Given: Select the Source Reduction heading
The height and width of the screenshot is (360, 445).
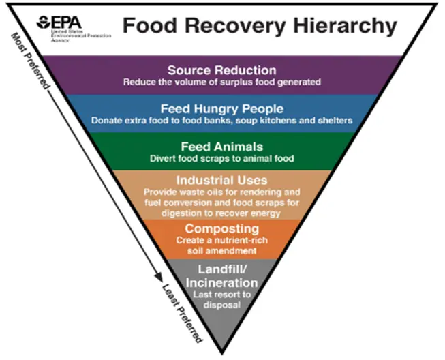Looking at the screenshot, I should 221,70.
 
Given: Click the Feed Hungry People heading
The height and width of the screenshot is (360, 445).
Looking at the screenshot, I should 222,108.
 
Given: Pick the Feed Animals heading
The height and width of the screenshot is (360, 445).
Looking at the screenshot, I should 221,147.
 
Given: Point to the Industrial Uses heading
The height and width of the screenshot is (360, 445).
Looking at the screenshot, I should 221,181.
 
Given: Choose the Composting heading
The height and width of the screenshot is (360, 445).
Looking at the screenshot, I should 221,228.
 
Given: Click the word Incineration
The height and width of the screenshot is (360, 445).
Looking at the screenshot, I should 221,282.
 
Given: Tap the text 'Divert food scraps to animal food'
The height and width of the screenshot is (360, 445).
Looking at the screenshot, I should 221,159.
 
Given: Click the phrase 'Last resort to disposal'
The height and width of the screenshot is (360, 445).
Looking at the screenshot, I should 221,299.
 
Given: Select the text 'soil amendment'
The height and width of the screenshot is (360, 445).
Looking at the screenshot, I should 221,252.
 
